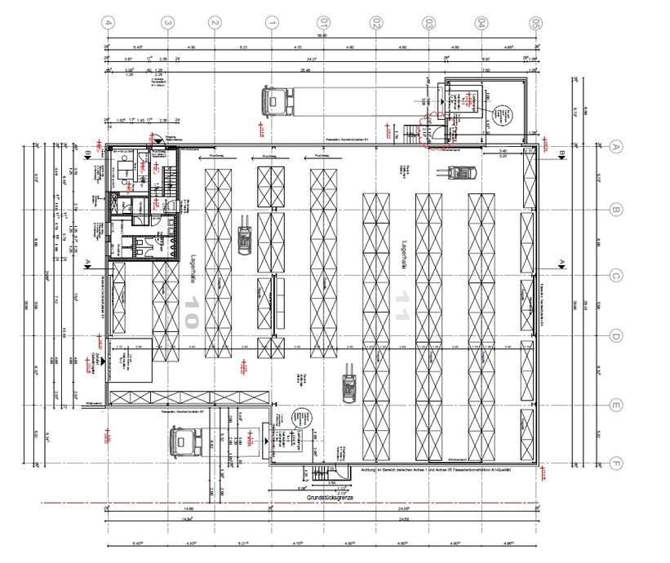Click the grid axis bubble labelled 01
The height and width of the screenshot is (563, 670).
(x=324, y=23)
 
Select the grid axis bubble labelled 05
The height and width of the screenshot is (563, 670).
(x=535, y=23)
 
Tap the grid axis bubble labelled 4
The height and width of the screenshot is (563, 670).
(x=108, y=23)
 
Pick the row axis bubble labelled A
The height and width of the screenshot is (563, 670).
(x=617, y=147)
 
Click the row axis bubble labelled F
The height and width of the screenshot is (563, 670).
(x=617, y=465)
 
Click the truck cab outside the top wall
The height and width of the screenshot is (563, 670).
(x=276, y=101)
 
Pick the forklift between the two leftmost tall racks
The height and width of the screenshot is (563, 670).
(x=243, y=237)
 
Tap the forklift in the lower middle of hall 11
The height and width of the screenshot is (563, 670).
(x=348, y=383)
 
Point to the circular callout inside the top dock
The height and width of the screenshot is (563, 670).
(x=506, y=115)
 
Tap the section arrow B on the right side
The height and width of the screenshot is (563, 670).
(x=562, y=152)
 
